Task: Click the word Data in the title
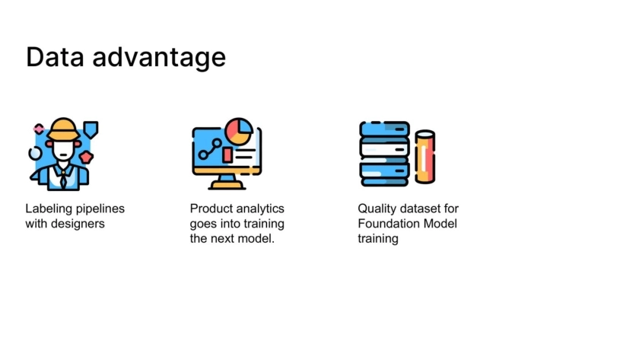pos(55,56)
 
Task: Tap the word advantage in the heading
pos(159,58)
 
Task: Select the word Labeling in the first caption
pos(49,209)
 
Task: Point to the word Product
pos(211,209)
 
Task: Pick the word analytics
pos(260,209)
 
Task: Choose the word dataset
pos(420,209)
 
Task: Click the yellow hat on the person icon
pos(63,129)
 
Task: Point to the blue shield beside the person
pos(91,129)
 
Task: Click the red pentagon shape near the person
pos(87,157)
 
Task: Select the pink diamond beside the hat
pos(39,129)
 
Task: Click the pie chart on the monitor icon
pos(239,131)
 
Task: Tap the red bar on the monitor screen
pos(227,155)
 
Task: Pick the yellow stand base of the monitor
pos(227,186)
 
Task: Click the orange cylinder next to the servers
pos(425,157)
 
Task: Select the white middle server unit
pos(384,150)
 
